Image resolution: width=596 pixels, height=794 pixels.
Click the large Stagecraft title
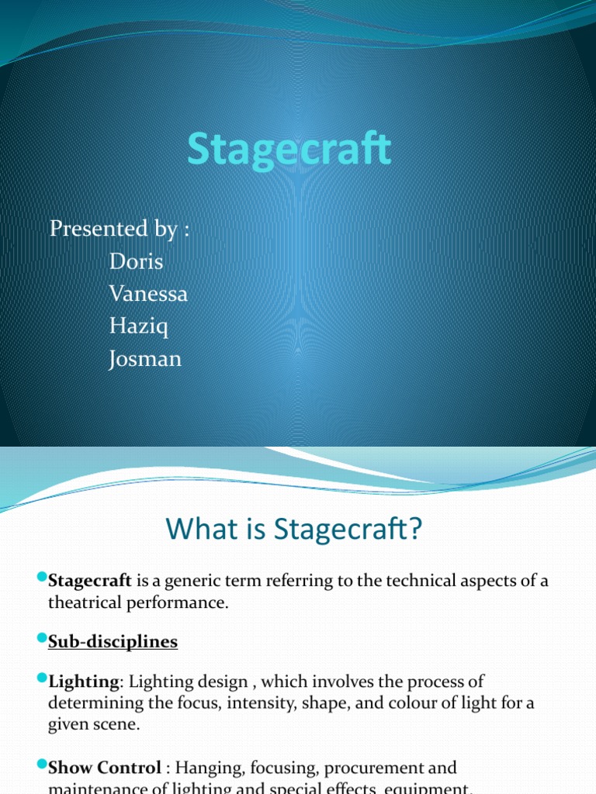(x=289, y=150)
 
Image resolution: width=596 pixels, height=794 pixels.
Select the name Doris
(x=137, y=261)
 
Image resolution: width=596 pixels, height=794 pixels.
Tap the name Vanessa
(x=148, y=295)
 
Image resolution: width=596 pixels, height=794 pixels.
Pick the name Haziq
(x=139, y=327)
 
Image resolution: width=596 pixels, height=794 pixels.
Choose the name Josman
(x=145, y=360)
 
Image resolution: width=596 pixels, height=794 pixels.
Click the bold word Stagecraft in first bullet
(x=91, y=581)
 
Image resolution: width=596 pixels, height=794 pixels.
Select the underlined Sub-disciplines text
(x=113, y=642)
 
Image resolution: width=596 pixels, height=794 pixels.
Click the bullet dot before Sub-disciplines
(x=42, y=639)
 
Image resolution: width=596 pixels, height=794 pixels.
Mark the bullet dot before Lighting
(x=42, y=678)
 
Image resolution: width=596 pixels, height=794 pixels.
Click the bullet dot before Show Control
(x=42, y=765)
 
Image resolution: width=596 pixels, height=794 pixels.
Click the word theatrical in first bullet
(x=85, y=602)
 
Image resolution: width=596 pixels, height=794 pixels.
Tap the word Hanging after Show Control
(x=206, y=768)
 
